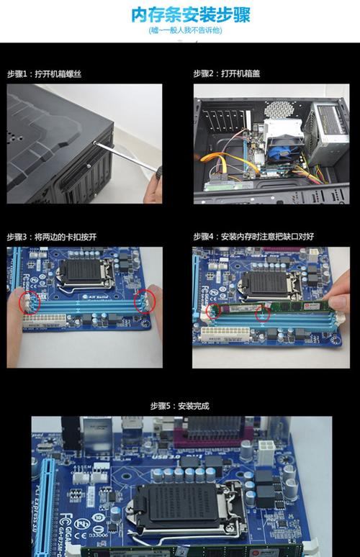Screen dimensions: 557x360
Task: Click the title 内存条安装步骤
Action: (180, 14)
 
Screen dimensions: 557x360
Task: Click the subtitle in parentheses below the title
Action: (180, 31)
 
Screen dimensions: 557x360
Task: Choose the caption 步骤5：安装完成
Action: (179, 406)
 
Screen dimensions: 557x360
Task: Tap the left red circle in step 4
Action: (212, 312)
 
